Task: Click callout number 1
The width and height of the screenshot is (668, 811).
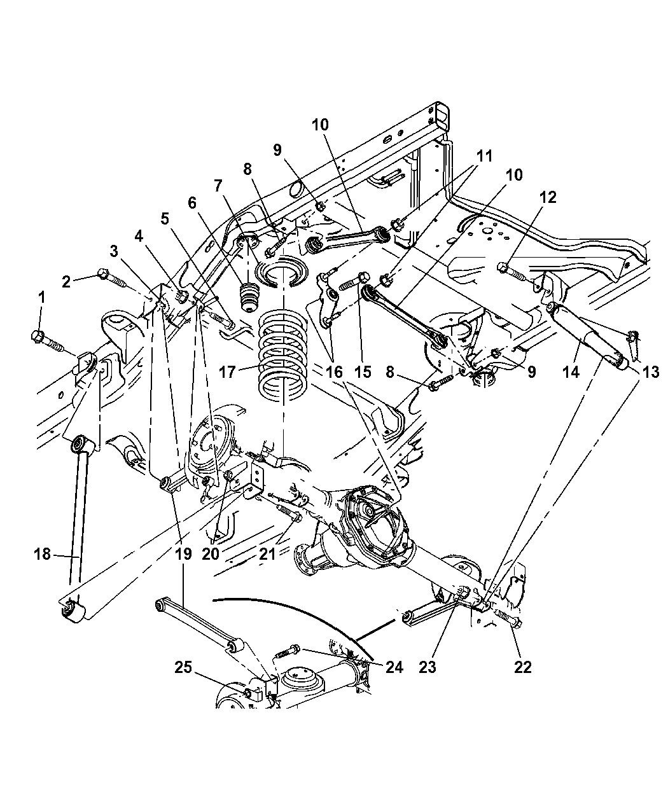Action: (x=41, y=297)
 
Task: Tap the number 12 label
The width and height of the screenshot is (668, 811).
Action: (x=548, y=197)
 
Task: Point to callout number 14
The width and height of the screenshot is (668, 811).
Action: (x=571, y=372)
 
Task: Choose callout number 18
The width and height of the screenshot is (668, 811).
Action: (x=42, y=555)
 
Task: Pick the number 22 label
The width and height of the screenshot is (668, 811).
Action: (x=523, y=667)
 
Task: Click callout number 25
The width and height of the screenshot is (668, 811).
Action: (x=183, y=667)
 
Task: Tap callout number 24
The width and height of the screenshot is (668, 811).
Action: (x=394, y=667)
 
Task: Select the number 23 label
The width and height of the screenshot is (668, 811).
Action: (x=428, y=667)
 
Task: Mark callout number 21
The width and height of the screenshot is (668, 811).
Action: (x=267, y=554)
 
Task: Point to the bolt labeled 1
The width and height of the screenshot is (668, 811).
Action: (x=48, y=340)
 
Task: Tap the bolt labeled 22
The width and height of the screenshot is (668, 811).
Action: (x=506, y=618)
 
